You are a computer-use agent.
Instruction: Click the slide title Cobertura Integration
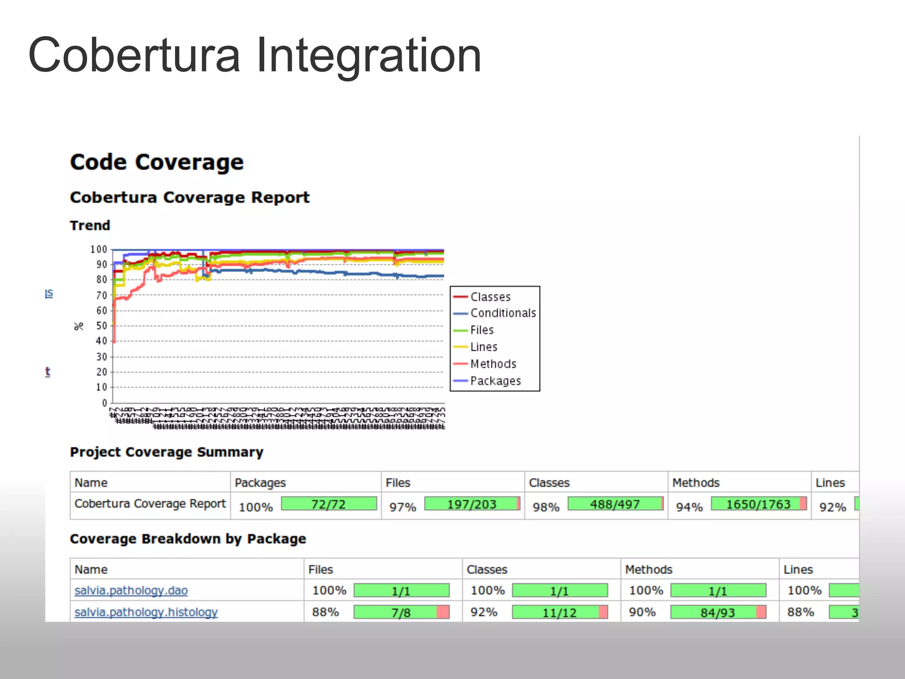(x=255, y=55)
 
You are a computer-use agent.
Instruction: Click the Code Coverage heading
(x=157, y=162)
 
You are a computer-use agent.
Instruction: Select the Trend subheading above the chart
(x=90, y=225)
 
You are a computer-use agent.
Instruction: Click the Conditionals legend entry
(x=502, y=313)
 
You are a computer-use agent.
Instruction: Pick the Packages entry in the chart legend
(x=495, y=381)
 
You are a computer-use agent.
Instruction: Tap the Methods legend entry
(x=493, y=364)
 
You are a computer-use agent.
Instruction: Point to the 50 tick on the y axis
(x=102, y=326)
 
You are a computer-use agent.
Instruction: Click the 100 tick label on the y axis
(x=99, y=249)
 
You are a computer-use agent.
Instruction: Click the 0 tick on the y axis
(x=105, y=403)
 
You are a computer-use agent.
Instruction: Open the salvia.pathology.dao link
(x=131, y=591)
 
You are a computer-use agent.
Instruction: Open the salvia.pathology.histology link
(x=146, y=612)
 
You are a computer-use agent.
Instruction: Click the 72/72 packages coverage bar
(x=329, y=504)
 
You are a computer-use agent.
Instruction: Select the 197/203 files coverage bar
(x=472, y=504)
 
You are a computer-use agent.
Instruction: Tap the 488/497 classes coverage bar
(x=615, y=504)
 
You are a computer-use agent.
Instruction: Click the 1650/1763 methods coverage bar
(x=759, y=504)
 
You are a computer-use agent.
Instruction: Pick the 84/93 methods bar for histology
(x=718, y=612)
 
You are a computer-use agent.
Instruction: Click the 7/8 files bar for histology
(x=401, y=612)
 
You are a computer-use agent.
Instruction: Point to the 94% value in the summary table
(x=689, y=507)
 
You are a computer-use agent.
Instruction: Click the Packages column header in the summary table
(x=260, y=483)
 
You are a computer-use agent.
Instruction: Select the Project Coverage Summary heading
(x=167, y=452)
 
